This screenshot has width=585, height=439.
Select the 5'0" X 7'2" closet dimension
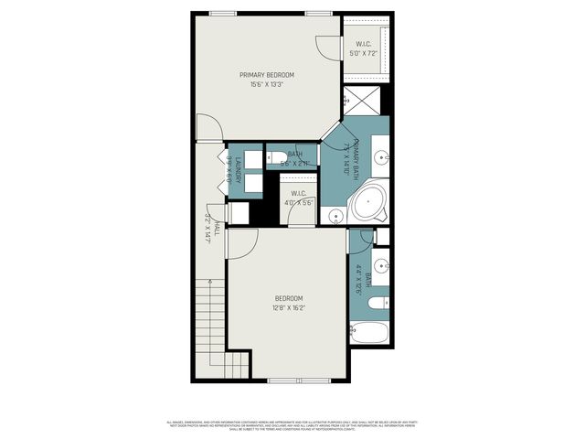click(x=364, y=53)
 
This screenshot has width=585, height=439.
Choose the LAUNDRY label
click(x=237, y=170)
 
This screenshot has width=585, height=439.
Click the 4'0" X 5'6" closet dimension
click(x=299, y=202)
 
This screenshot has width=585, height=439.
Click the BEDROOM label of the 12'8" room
click(x=288, y=299)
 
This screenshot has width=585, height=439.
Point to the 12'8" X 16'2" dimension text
click(x=288, y=309)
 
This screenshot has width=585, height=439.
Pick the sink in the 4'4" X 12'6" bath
click(x=382, y=271)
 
